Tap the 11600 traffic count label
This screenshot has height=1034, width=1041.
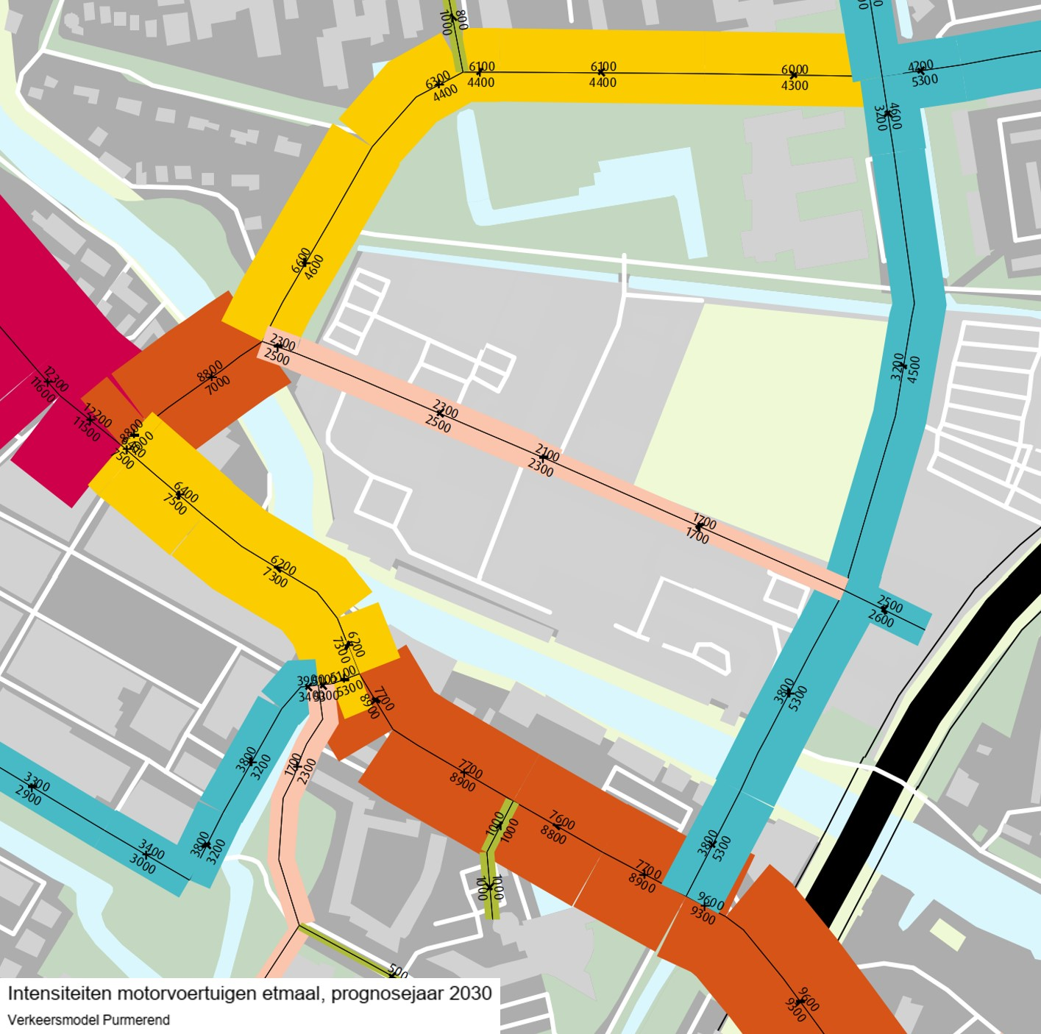pos(43,389)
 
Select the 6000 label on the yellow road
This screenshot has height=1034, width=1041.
pos(795,70)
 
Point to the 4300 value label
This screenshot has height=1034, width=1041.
pos(795,85)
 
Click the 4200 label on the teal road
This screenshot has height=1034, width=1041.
pos(920,65)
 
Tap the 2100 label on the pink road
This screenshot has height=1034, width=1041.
pos(547,453)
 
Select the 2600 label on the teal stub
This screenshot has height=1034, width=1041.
pos(881,618)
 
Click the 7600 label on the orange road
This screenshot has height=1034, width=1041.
pos(562,819)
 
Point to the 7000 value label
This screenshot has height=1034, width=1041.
pos(218,385)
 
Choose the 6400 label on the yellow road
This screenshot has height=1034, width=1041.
pos(185,492)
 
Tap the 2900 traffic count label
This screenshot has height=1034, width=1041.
pos(28,796)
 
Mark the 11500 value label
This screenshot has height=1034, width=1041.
pos(86,429)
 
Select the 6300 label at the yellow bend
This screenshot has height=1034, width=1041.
pos(438,79)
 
